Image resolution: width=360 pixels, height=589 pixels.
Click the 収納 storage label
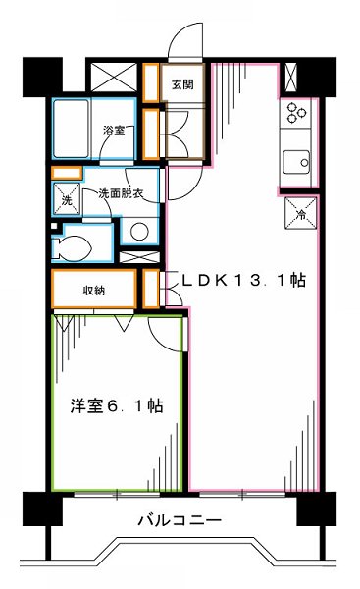[94, 290]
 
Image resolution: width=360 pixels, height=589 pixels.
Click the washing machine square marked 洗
[67, 200]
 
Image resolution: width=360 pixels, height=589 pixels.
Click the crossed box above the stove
[292, 78]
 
